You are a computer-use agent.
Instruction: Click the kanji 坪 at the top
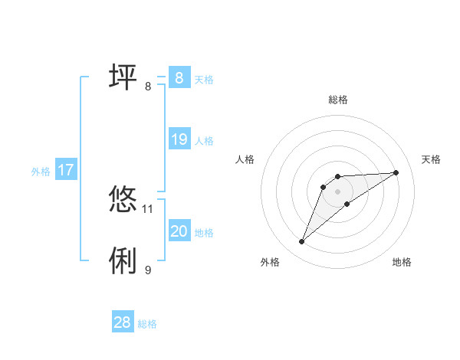(123, 77)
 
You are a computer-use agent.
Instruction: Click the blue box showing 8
(179, 78)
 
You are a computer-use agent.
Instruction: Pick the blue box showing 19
(179, 140)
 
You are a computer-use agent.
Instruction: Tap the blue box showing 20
(179, 232)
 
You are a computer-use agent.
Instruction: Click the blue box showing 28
(123, 323)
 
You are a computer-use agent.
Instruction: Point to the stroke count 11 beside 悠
(148, 208)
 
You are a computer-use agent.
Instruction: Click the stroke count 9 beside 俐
(148, 270)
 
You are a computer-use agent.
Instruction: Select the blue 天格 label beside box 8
(204, 80)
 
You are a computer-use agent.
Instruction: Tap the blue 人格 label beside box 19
(204, 141)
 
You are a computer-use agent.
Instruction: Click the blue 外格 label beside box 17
(41, 172)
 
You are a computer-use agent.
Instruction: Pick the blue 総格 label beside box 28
(147, 324)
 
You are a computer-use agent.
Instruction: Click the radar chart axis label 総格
(338, 100)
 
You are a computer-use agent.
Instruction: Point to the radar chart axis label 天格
(432, 159)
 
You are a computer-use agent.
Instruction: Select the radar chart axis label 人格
(245, 159)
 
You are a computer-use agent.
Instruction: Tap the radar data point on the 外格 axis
(302, 242)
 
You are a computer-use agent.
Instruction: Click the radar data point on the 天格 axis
(396, 172)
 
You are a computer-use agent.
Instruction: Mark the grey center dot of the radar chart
(338, 191)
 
